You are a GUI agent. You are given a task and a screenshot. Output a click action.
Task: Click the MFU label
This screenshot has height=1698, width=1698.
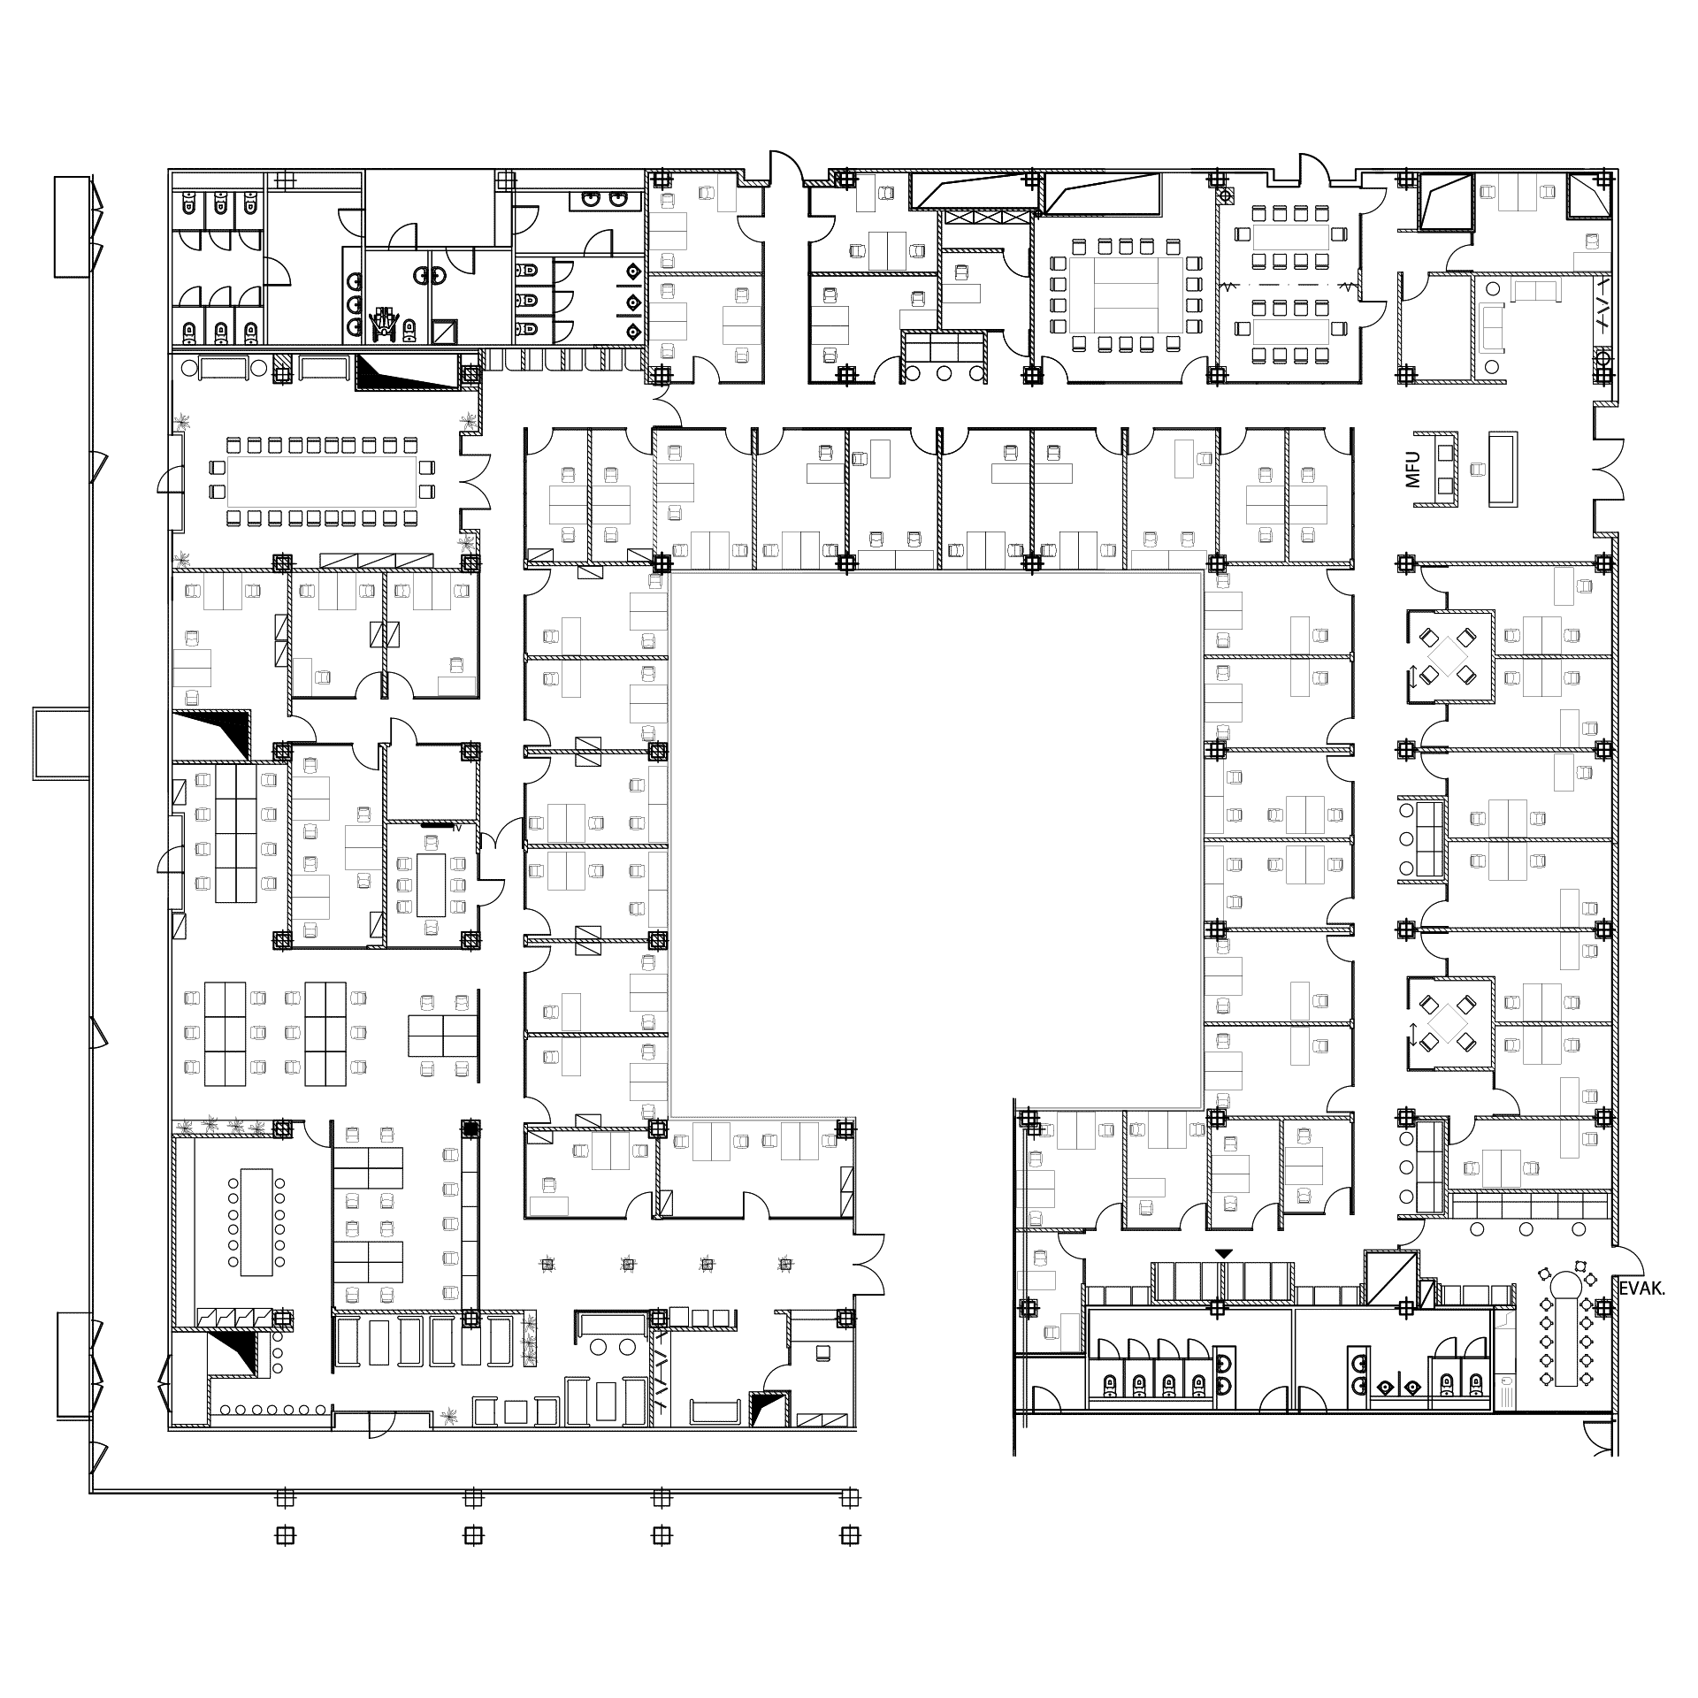[1411, 469]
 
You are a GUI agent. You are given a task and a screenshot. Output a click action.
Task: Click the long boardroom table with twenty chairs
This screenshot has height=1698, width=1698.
[322, 481]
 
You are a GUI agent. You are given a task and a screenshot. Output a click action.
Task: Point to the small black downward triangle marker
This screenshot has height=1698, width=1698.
[1223, 1253]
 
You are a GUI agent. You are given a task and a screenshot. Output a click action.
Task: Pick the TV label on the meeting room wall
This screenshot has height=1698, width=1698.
[457, 829]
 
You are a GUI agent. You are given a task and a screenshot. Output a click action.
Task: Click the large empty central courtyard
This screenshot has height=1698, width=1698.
[936, 840]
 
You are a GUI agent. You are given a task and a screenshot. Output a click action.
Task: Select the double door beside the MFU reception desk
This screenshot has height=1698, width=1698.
[1608, 469]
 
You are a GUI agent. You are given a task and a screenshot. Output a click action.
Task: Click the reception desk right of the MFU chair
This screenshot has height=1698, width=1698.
[1503, 469]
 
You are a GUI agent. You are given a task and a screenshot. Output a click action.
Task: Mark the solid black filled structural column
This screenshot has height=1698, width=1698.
[470, 1128]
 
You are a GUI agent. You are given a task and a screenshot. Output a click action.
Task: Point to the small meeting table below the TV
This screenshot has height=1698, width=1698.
[432, 884]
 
